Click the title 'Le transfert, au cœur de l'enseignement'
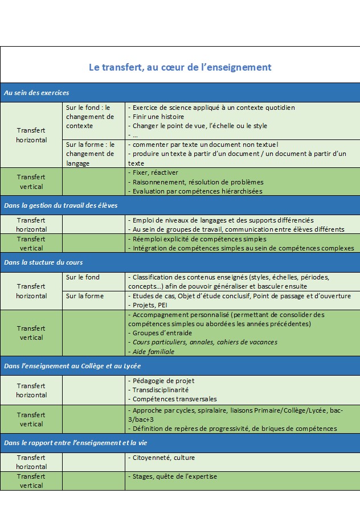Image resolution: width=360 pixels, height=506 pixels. (179, 67)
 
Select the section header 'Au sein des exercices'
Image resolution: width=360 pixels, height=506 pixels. (36, 93)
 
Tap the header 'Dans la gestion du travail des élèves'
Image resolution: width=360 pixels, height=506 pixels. (60, 205)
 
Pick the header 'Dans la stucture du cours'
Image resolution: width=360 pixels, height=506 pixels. (43, 262)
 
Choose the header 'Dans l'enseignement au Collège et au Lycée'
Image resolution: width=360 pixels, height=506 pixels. (72, 365)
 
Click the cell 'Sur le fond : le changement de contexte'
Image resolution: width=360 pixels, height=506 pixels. (90, 116)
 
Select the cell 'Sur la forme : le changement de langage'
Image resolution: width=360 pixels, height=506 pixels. (90, 154)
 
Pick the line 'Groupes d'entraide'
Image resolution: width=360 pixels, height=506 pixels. (162, 333)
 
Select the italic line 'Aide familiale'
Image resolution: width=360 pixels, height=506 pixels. (153, 352)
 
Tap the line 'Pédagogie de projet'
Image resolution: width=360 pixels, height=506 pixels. (162, 380)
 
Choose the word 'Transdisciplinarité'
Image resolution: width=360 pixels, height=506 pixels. (161, 390)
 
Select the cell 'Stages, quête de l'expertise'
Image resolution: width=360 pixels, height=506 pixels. (174, 476)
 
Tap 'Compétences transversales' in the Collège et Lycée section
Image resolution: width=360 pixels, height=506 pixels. (174, 399)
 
